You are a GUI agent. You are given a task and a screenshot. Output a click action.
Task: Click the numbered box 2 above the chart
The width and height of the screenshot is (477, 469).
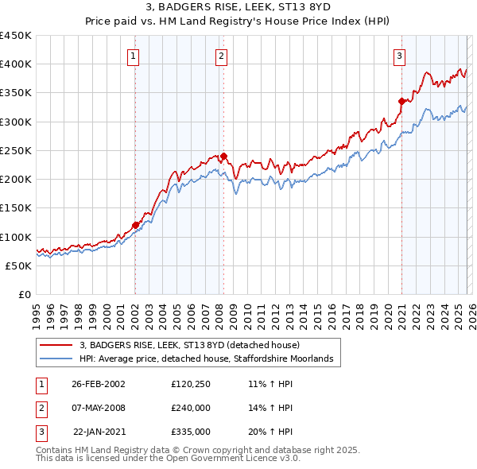coord(220,56)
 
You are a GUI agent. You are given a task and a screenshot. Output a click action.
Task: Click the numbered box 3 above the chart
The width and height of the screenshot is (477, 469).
coord(399,56)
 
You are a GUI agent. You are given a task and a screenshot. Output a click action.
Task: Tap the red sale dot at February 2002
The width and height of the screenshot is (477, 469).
coord(135,225)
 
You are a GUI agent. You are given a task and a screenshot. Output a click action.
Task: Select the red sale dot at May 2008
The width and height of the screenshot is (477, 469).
coord(223,156)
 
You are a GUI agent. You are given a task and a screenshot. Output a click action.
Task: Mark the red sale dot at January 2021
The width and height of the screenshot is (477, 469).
coord(401,101)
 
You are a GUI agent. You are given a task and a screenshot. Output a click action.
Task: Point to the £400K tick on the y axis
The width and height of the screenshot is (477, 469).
coord(16,64)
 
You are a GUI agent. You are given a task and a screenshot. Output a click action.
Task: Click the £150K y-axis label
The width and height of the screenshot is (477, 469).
coord(16,207)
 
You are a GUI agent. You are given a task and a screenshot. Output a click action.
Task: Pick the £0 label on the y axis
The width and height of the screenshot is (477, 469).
coord(23,294)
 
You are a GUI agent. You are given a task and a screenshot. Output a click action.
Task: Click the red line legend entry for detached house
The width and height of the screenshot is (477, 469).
coord(189,345)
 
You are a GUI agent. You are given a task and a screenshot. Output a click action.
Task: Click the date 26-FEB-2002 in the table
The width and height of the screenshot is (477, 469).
coord(99,383)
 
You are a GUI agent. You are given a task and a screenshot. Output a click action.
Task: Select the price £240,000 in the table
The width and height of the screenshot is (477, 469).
coord(191,407)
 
